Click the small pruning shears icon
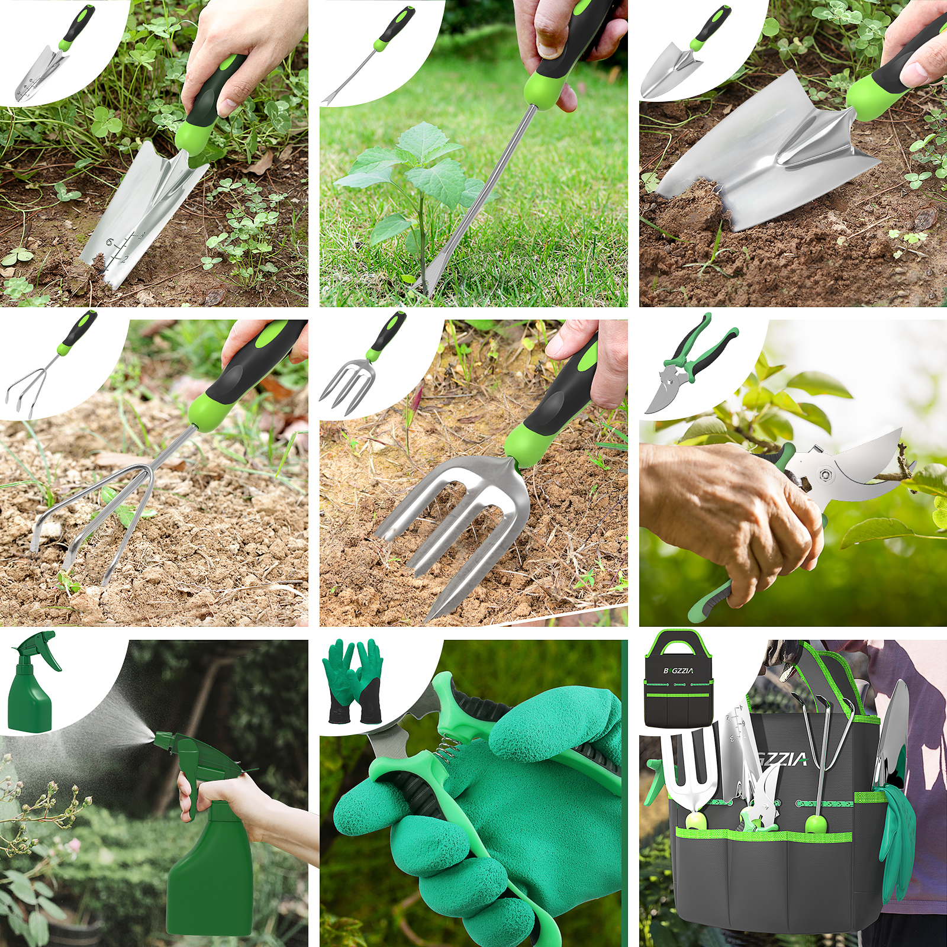pos(687,367)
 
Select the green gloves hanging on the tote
pos(897,829)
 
